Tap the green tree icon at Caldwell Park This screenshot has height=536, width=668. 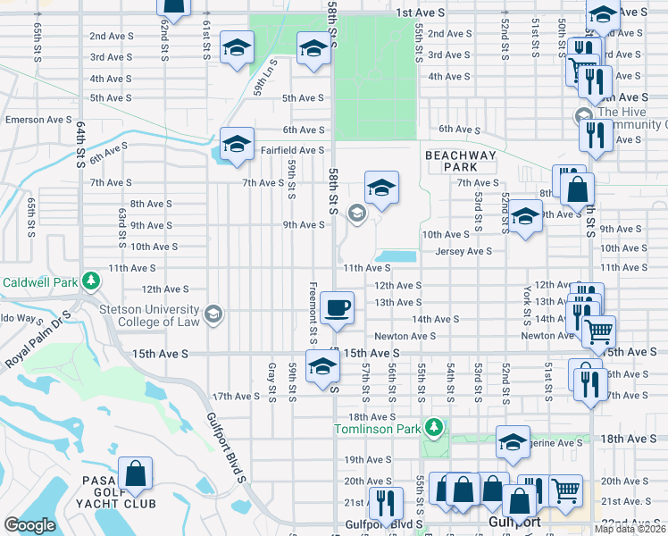coord(90,281)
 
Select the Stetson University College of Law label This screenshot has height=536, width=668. coord(148,314)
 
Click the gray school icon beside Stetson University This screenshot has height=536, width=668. coord(213,313)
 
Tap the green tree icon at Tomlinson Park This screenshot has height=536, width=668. coord(434,428)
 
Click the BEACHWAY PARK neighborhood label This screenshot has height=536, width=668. coord(460,161)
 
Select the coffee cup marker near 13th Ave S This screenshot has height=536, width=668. coord(337,308)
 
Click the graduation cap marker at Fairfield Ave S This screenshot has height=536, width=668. coord(237,144)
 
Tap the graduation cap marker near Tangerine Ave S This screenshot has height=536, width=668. coord(514,443)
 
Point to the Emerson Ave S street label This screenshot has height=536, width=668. coord(38,119)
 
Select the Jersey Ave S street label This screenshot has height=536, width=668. coord(463,252)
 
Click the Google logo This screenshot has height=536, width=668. coord(29,525)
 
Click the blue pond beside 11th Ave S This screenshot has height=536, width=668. coord(396,256)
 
